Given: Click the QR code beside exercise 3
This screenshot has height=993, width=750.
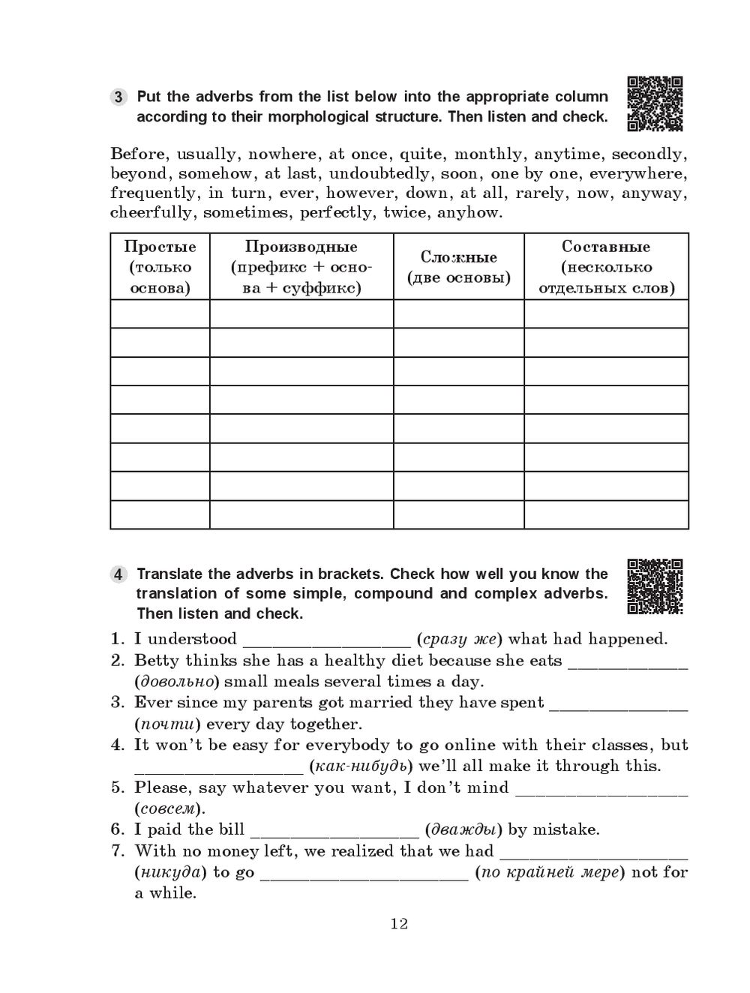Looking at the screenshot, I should (x=655, y=103).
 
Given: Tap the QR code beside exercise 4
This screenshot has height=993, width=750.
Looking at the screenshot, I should (x=655, y=586).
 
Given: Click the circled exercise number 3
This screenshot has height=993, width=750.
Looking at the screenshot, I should (x=119, y=97).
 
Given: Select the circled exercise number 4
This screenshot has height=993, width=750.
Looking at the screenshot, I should (x=119, y=575).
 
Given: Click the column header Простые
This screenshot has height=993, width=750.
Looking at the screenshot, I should (x=160, y=247).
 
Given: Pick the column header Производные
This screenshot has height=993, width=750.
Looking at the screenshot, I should (x=301, y=247).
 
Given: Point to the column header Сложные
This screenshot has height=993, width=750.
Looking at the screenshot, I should (x=458, y=257).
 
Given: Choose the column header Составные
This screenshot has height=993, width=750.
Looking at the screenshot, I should (x=606, y=247).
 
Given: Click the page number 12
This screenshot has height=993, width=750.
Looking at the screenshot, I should (x=399, y=923).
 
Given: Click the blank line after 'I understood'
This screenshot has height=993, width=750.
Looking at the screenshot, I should (x=327, y=642).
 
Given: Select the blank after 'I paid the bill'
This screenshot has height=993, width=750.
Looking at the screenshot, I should (x=334, y=832).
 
